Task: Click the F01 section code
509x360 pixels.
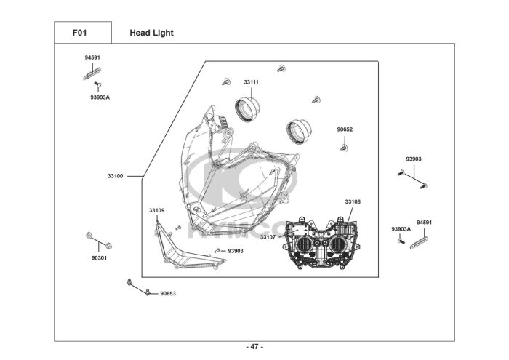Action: pyautogui.click(x=82, y=33)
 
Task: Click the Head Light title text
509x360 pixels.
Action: pyautogui.click(x=151, y=33)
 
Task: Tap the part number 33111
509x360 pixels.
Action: pyautogui.click(x=251, y=82)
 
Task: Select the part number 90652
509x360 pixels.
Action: pyautogui.click(x=345, y=129)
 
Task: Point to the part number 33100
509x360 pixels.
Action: pyautogui.click(x=115, y=176)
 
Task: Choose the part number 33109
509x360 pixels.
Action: pyautogui.click(x=156, y=210)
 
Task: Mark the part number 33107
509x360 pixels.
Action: pyautogui.click(x=268, y=237)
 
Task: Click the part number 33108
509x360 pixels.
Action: pyautogui.click(x=353, y=201)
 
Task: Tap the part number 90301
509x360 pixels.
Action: pyautogui.click(x=99, y=257)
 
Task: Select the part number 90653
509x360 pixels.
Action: pyautogui.click(x=168, y=293)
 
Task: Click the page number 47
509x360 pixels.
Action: pyautogui.click(x=254, y=346)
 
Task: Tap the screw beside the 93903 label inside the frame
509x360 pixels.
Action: pyautogui.click(x=217, y=251)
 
